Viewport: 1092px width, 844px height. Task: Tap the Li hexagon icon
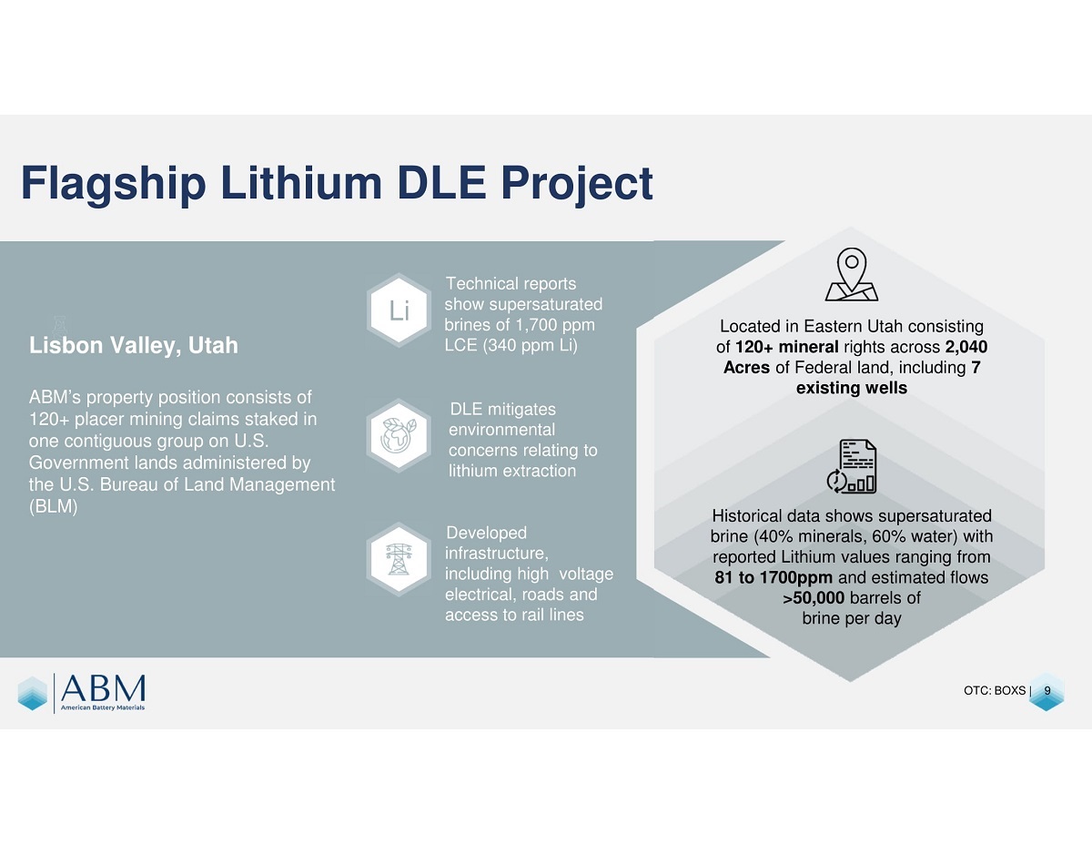coord(399,310)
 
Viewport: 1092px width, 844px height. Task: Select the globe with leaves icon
coord(399,435)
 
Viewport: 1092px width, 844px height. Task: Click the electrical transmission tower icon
coord(399,559)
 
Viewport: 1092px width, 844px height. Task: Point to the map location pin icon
coord(851,274)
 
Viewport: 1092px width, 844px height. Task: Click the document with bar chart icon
coord(852,466)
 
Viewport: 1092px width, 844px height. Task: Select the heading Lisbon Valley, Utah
coord(133,346)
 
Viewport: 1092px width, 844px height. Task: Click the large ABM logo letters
coord(103,688)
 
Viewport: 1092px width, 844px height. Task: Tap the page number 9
coord(1047,691)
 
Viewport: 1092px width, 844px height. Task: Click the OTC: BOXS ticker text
coord(995,691)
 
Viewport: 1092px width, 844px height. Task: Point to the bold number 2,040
coord(966,347)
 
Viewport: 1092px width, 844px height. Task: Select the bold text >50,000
coord(814,597)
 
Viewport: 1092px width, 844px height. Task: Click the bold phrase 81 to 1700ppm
coord(773,577)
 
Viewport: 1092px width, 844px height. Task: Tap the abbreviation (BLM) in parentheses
coord(54,506)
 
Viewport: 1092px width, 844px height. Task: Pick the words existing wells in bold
coord(852,388)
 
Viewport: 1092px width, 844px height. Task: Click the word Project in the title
coord(577,185)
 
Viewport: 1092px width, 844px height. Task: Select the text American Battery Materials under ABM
coord(103,707)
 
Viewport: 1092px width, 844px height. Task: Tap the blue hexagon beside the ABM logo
coord(33,693)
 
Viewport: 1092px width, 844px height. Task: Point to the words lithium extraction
coord(512,471)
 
